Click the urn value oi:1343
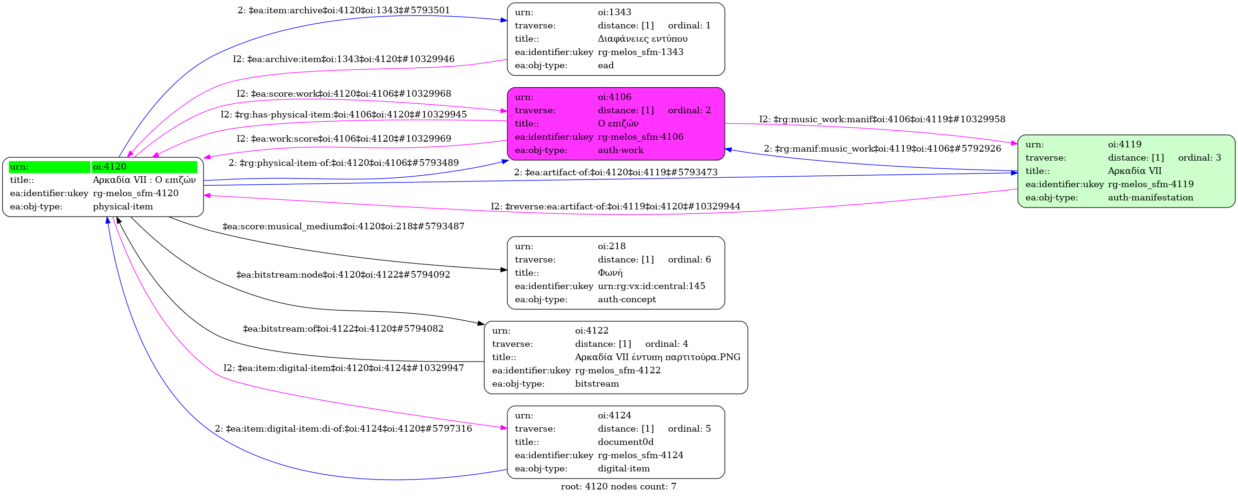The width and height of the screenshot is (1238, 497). click(x=614, y=12)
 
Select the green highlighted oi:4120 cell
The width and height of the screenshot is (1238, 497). click(x=144, y=167)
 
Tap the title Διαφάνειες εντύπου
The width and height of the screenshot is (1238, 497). click(x=642, y=38)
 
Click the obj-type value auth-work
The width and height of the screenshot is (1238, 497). click(x=621, y=150)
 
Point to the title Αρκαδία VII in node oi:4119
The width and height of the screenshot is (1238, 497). click(x=1134, y=171)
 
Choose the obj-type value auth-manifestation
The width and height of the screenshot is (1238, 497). click(x=1150, y=198)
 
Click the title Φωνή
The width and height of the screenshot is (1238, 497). click(x=610, y=273)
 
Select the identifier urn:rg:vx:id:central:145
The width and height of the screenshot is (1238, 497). click(x=651, y=286)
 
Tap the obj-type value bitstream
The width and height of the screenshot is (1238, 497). click(x=596, y=384)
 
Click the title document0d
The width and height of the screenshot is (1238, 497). click(x=625, y=442)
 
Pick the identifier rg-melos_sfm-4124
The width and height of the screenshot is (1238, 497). click(x=640, y=455)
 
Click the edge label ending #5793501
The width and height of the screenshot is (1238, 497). click(x=344, y=10)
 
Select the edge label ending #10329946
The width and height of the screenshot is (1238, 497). click(x=344, y=59)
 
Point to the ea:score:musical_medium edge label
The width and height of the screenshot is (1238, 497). click(x=343, y=226)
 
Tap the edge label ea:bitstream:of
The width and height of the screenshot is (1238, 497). click(x=343, y=329)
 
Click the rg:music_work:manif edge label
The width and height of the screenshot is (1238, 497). click(x=882, y=119)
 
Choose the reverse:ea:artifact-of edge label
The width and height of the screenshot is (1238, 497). click(x=615, y=207)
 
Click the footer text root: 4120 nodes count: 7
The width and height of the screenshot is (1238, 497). click(x=618, y=487)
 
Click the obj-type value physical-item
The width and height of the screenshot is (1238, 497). click(x=122, y=207)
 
